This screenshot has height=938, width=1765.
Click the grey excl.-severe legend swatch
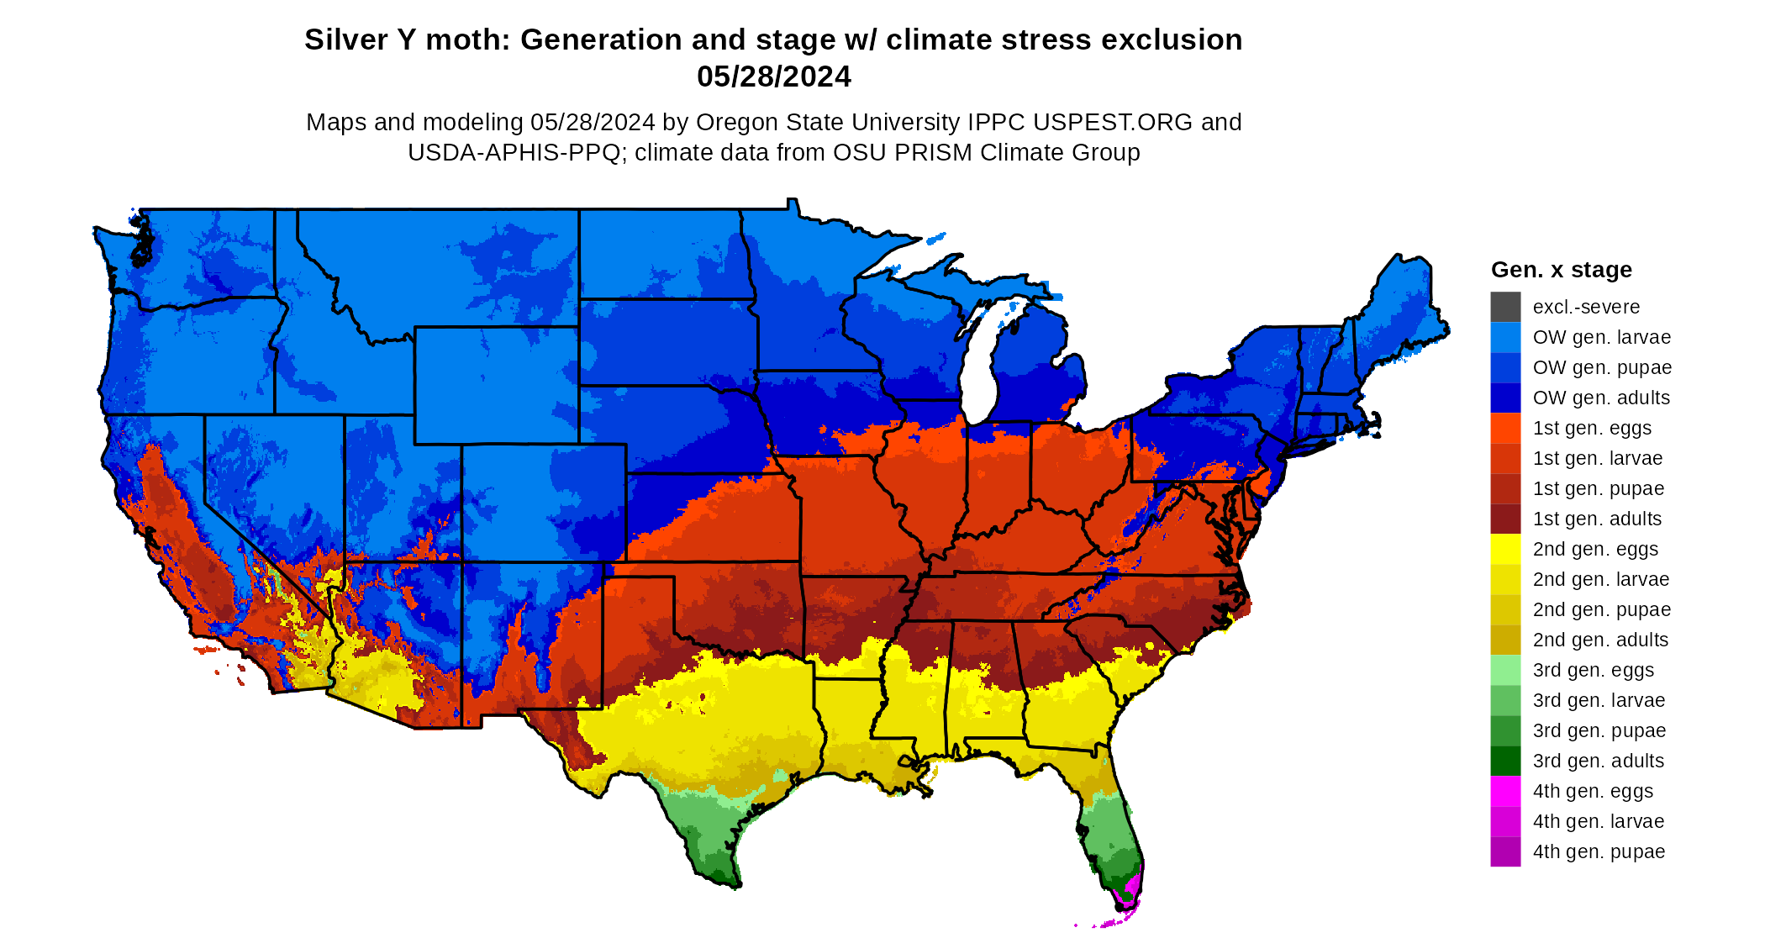(1505, 307)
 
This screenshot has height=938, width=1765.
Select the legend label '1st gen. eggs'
(1592, 428)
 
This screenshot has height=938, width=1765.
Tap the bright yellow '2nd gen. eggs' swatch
(1505, 549)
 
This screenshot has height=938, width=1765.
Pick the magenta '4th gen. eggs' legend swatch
(1505, 791)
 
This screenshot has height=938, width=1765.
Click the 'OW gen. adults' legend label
(1601, 398)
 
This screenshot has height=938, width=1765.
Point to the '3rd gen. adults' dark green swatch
(1505, 761)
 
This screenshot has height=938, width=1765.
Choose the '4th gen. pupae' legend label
(1599, 851)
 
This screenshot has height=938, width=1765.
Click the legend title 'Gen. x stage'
(1561, 270)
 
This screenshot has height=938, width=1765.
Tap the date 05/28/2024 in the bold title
(773, 76)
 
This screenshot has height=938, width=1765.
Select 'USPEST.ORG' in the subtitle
(1113, 123)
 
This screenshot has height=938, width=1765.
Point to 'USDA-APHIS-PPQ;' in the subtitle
(518, 153)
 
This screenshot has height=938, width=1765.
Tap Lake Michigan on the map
(977, 370)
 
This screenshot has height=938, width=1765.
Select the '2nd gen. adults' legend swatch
(1505, 640)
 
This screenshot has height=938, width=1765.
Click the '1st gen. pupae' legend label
(1598, 488)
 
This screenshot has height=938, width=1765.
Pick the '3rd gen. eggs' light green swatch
(1505, 670)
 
